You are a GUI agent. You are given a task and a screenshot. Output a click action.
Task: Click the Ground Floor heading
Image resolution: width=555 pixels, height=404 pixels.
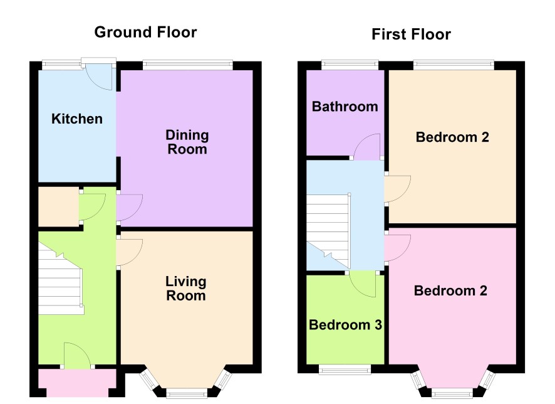click(x=145, y=32)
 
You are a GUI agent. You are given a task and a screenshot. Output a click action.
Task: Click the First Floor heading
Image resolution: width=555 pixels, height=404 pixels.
click(x=412, y=35)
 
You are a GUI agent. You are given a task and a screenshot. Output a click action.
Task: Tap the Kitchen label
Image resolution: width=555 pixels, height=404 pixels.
click(x=77, y=119)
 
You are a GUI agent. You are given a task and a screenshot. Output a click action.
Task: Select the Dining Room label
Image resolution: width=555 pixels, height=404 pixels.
click(x=187, y=142)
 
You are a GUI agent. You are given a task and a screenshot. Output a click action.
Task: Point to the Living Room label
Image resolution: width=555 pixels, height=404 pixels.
click(x=186, y=289)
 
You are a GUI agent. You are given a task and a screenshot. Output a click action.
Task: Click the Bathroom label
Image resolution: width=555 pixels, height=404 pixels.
click(x=345, y=106)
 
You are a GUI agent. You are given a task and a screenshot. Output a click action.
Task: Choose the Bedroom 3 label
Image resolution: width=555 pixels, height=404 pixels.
click(x=345, y=324)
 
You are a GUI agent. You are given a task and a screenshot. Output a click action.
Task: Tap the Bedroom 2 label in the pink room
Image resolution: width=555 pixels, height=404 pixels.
click(x=450, y=290)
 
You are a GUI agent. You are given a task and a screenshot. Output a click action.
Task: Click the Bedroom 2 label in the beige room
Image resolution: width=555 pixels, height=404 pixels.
click(x=452, y=137)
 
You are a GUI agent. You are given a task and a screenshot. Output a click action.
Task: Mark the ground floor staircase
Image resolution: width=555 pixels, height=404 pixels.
click(x=61, y=280)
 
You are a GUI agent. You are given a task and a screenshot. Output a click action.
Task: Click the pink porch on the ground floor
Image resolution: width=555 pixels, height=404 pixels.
click(x=77, y=383)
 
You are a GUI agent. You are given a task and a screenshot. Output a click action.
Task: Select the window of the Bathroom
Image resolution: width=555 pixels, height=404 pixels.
click(x=350, y=65)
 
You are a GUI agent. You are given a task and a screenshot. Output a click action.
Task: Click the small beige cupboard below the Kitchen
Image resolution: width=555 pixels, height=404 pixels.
click(x=58, y=206)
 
